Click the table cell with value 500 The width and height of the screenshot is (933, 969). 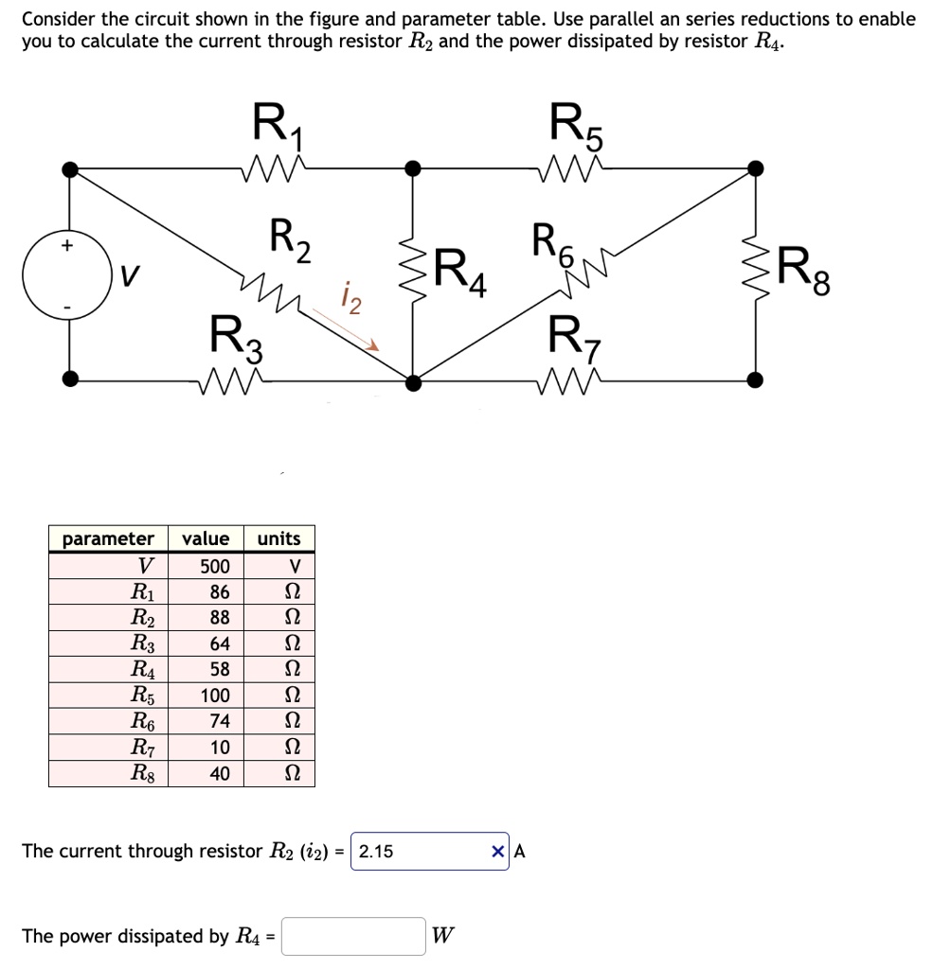click(x=214, y=567)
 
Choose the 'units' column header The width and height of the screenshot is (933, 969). click(x=279, y=539)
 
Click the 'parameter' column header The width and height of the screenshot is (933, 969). click(x=108, y=539)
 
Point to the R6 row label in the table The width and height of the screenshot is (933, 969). click(x=147, y=721)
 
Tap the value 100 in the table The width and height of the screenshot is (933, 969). click(x=214, y=696)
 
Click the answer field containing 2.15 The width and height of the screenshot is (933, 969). click(x=417, y=852)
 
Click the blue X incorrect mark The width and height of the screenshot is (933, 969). click(x=498, y=852)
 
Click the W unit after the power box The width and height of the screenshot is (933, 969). click(x=441, y=937)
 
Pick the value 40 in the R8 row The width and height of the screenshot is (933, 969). click(x=219, y=773)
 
